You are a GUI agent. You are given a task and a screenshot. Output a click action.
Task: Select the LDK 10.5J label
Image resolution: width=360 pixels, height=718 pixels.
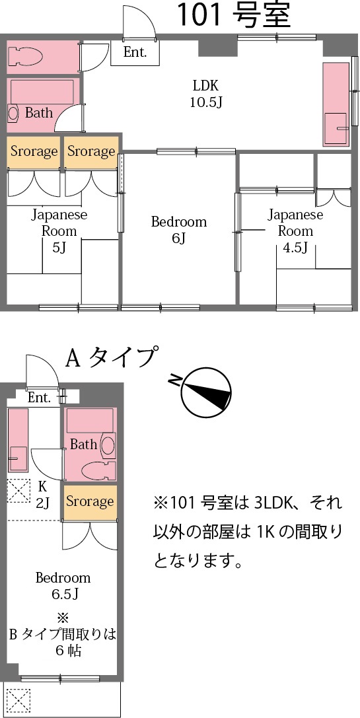coord(205,93)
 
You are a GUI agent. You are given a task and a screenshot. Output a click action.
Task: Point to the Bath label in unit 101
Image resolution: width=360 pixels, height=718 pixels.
coord(39,113)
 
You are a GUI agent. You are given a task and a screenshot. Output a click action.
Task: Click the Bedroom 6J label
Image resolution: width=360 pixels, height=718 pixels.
coord(178,230)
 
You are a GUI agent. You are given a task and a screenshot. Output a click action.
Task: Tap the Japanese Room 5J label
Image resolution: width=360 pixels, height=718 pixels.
coord(59,231)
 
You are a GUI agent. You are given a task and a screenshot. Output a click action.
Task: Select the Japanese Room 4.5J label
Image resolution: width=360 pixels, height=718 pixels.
coord(295,231)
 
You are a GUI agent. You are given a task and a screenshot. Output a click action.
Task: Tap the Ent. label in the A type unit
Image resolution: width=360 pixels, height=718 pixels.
coord(39,398)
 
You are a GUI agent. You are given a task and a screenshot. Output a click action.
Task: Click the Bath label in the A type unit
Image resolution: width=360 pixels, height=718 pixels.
coord(83,445)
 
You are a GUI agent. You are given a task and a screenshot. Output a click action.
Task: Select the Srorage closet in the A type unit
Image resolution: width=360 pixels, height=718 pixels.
coord(90,502)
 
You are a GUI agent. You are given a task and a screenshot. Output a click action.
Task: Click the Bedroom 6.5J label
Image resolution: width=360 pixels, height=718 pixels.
coord(63,585)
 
